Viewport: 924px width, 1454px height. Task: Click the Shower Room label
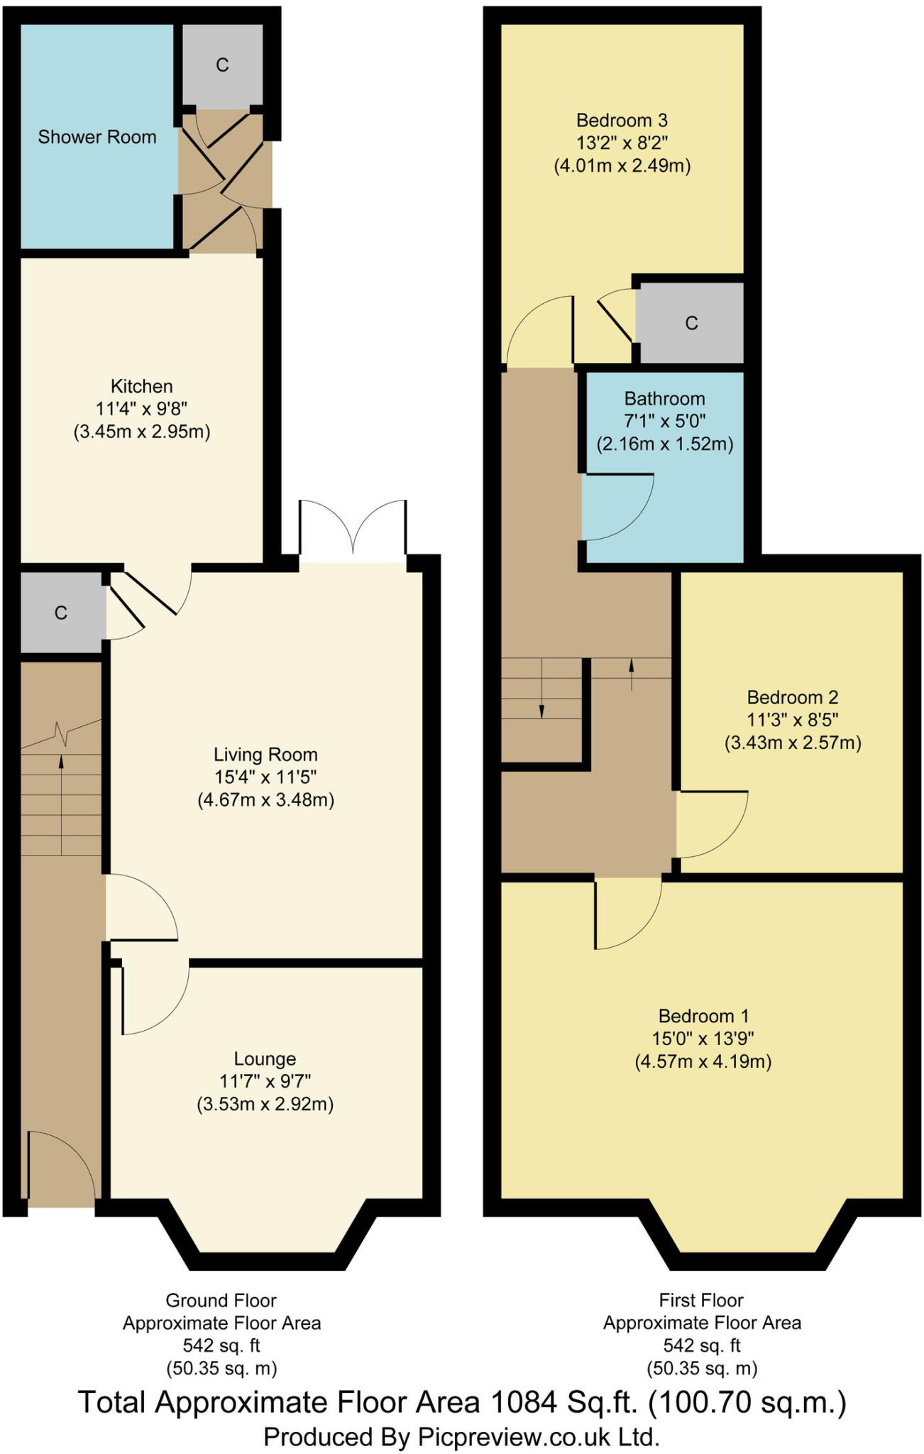[x=97, y=137]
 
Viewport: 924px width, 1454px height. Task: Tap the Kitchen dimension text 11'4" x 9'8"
[x=141, y=409]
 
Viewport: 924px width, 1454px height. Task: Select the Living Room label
[x=265, y=754]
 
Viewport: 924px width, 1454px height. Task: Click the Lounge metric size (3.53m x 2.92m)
[x=265, y=1104]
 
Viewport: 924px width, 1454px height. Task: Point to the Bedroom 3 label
[x=622, y=120]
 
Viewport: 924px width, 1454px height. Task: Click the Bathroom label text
[x=664, y=398]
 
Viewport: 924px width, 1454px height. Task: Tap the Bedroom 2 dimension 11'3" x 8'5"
[x=792, y=719]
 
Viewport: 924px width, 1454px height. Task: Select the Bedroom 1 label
[x=703, y=1016]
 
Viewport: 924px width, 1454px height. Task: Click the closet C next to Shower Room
[x=222, y=65]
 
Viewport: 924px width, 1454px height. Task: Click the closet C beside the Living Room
[x=61, y=613]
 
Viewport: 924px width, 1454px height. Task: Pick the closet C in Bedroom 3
[x=691, y=324]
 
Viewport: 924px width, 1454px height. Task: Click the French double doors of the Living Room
[x=353, y=529]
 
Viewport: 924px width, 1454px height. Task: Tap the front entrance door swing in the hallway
[x=62, y=1166]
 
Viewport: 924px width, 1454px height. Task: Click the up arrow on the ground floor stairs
[x=61, y=762]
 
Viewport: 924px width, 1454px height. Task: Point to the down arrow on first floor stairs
[x=542, y=710]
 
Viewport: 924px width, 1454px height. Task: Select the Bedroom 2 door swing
[x=710, y=824]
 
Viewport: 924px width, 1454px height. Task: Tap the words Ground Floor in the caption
[x=221, y=1301]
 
